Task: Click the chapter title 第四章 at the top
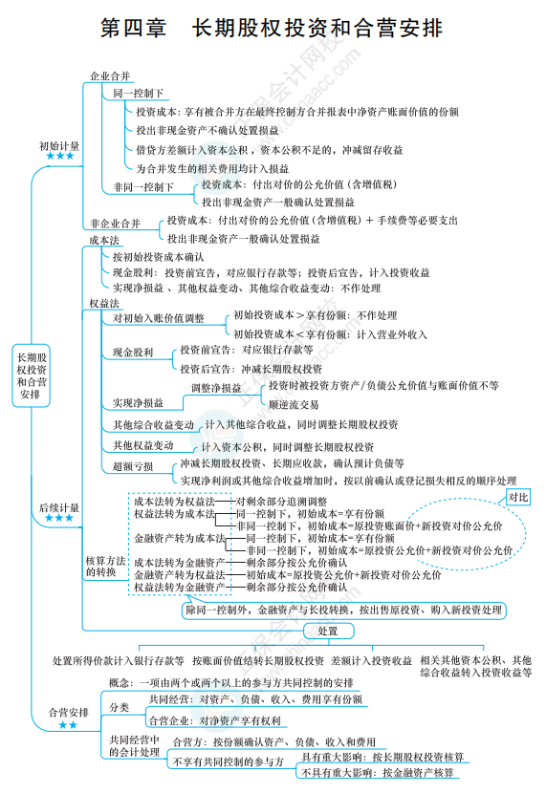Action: point(133,28)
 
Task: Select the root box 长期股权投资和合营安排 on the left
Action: point(31,375)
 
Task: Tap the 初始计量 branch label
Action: point(59,146)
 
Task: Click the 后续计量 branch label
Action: point(59,507)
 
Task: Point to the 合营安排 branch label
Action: point(68,713)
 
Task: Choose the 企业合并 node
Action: point(110,76)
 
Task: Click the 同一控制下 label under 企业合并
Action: point(138,93)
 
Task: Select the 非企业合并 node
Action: point(116,224)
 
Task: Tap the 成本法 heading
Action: point(104,240)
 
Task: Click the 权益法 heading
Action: point(104,304)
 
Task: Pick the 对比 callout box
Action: point(518,497)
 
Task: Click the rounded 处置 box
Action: point(328,631)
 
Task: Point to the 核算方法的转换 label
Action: point(105,567)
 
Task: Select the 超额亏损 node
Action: point(133,466)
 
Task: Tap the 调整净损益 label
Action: point(216,389)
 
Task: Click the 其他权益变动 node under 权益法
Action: point(143,445)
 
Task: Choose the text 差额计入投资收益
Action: point(371,660)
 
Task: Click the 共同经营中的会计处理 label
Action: point(135,746)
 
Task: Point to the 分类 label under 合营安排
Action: point(120,708)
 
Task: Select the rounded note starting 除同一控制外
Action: point(344,611)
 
